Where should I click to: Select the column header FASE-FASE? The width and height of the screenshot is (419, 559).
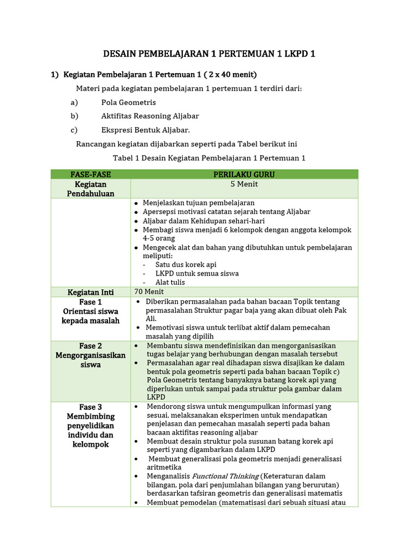tap(91, 174)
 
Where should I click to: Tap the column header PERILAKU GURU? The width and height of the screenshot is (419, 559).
tap(244, 174)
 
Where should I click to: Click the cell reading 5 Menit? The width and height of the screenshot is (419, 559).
tap(244, 184)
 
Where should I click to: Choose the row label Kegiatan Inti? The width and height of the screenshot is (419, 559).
tap(91, 292)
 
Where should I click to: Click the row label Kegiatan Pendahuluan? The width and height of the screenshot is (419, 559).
tap(91, 189)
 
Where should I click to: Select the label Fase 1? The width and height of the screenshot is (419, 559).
tap(91, 302)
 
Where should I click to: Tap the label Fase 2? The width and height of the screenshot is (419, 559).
tap(91, 346)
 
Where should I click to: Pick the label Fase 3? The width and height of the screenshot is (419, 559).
tap(91, 407)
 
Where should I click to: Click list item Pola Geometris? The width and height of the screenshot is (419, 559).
tap(128, 102)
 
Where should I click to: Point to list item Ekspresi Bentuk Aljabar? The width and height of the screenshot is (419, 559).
tap(146, 130)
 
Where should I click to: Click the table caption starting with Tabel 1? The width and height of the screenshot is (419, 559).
tap(209, 158)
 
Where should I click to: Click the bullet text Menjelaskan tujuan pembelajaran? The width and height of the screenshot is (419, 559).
tap(199, 203)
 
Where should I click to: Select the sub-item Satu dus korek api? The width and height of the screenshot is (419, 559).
tap(185, 264)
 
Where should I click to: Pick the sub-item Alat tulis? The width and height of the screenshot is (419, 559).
tap(170, 282)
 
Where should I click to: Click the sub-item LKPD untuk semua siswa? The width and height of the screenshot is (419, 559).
tap(197, 273)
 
